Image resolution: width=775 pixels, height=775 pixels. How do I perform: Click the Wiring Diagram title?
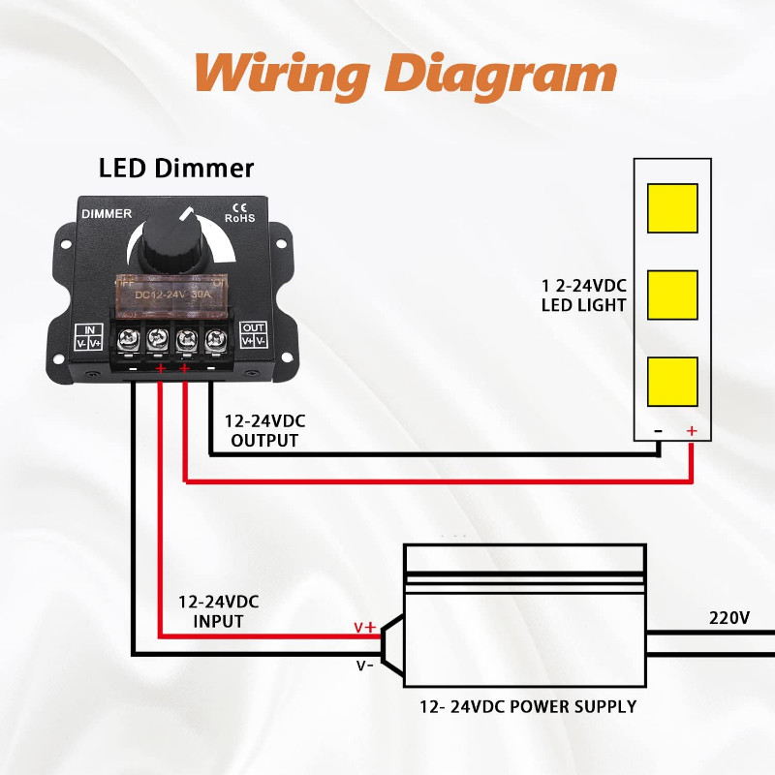(x=405, y=73)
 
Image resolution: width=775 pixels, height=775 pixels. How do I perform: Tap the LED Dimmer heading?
(x=176, y=168)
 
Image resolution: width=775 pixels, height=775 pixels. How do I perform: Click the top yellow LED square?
(x=671, y=207)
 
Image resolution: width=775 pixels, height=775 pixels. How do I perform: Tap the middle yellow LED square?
(x=671, y=294)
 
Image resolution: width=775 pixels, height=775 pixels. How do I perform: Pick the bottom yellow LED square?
(x=671, y=382)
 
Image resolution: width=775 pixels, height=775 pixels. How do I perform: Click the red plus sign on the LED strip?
(x=691, y=431)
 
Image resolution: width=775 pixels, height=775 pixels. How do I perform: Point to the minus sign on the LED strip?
(x=658, y=431)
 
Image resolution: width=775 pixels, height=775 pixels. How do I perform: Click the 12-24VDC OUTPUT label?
(x=264, y=431)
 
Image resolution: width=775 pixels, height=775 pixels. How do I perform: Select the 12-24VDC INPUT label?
(x=218, y=611)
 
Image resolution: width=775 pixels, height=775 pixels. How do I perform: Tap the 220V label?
(x=729, y=617)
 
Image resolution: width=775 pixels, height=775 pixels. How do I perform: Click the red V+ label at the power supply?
(x=364, y=627)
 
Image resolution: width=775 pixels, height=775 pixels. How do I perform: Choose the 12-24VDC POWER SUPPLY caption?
(x=528, y=706)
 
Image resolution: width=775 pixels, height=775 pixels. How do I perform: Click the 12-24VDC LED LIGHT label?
(x=584, y=295)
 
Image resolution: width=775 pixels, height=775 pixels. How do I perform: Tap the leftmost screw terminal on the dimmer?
(x=128, y=339)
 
